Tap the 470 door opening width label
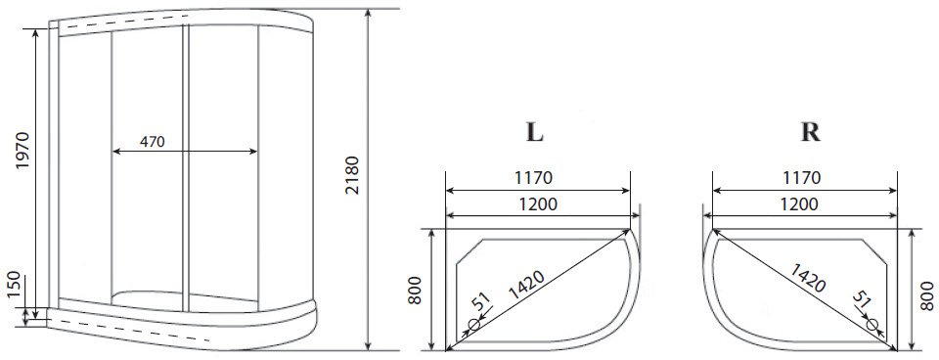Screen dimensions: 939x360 click(x=153, y=142)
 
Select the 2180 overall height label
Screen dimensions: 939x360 click(x=352, y=175)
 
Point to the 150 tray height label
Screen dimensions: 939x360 click(x=15, y=286)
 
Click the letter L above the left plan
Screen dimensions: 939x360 click(x=534, y=132)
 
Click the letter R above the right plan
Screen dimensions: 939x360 click(x=810, y=132)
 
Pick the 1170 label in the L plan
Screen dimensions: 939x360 click(x=533, y=178)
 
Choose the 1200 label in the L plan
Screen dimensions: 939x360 click(x=537, y=204)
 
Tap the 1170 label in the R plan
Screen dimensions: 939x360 click(x=801, y=178)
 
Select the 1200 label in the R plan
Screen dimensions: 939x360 click(x=799, y=204)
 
